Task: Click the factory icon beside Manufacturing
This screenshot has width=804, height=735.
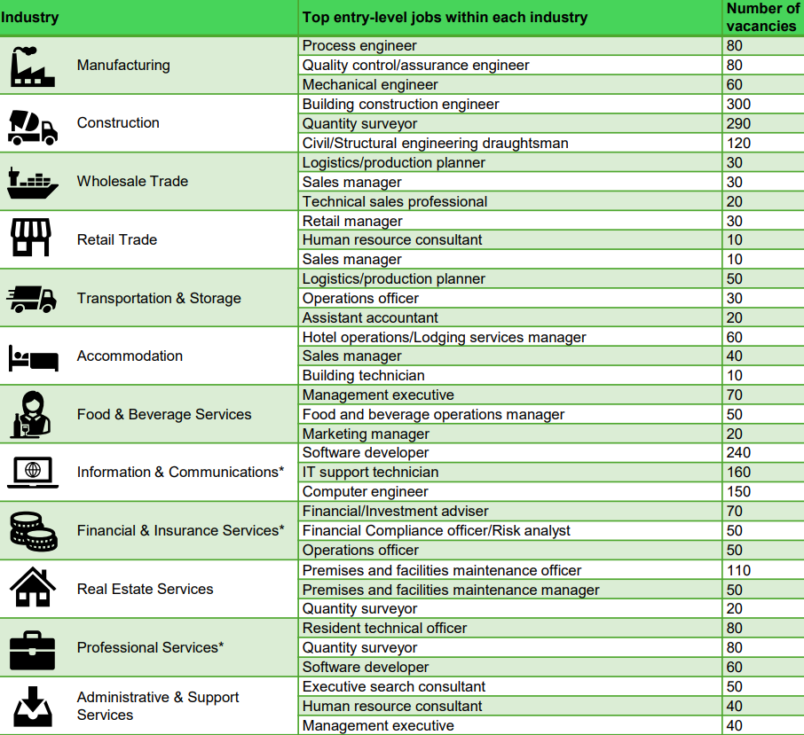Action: (33, 66)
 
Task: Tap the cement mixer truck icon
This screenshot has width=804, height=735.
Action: (33, 124)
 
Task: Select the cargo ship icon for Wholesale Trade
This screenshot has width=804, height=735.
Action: (33, 182)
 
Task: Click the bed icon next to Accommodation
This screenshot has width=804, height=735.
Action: (33, 358)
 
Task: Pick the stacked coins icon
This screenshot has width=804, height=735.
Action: (33, 530)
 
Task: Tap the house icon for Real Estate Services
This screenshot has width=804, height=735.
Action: (33, 587)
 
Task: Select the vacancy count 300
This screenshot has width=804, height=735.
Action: (738, 105)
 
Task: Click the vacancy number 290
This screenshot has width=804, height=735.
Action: (738, 124)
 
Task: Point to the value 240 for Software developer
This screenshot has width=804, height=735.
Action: (738, 453)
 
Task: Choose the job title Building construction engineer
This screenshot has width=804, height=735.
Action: (400, 105)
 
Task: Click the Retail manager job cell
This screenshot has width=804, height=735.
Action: (352, 221)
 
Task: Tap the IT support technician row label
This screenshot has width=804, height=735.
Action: (370, 473)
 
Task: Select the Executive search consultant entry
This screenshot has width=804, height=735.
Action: (394, 687)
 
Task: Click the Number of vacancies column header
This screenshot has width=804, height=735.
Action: (761, 18)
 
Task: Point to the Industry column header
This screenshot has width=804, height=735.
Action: (30, 18)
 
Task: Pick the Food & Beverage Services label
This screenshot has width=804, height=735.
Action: (164, 415)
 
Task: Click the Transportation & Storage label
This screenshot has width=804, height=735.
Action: (159, 299)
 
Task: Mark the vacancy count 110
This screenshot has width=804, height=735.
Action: (738, 570)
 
